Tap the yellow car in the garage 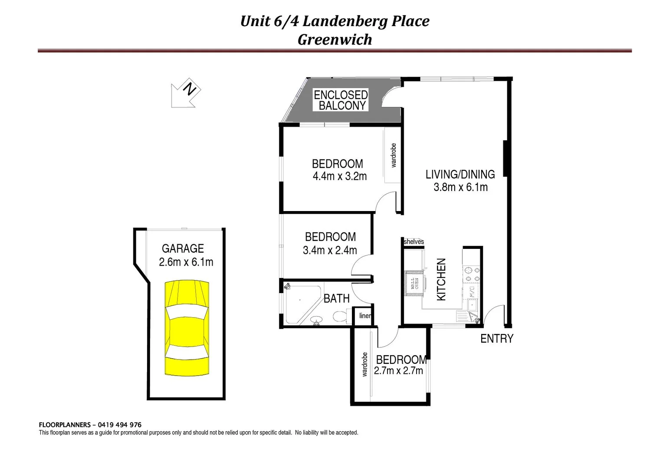187,328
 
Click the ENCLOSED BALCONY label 341,100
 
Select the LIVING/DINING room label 460,174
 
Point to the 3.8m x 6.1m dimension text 460,187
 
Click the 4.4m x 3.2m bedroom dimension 339,176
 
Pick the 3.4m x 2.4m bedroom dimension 330,250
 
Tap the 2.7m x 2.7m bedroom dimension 398,371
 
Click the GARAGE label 183,248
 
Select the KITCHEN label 441,279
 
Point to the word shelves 414,242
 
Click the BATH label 337,298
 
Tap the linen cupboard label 365,316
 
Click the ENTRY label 496,338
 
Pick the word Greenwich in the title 335,40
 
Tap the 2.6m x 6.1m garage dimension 186,262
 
